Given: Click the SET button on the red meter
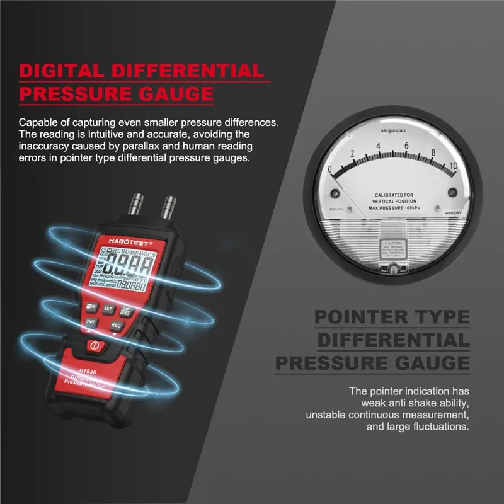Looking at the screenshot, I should (x=108, y=309).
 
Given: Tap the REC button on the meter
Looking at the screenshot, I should (x=116, y=325).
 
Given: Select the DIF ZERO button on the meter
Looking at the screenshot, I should (x=126, y=311).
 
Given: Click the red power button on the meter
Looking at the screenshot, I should (x=94, y=345).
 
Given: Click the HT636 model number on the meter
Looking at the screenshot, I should (x=89, y=370).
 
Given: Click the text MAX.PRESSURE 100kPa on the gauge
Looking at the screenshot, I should (x=394, y=207).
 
